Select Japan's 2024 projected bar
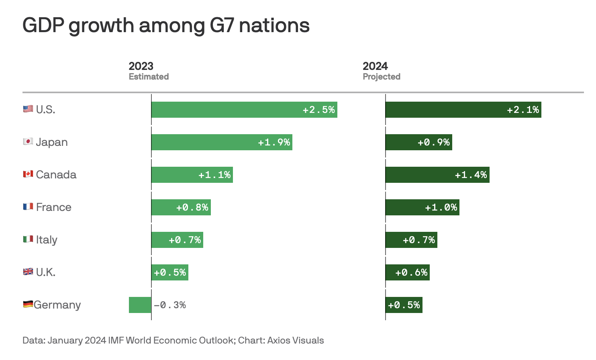pyautogui.click(x=418, y=142)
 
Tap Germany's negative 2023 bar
pyautogui.click(x=140, y=305)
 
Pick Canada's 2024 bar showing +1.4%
pyautogui.click(x=437, y=175)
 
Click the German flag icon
pyautogui.click(x=28, y=305)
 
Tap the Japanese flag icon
pyautogui.click(x=28, y=142)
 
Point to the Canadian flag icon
pyautogui.click(x=28, y=174)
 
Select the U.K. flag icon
pyautogui.click(x=28, y=272)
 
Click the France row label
pyautogui.click(x=53, y=207)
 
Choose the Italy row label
pyautogui.click(x=47, y=240)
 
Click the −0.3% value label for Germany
pyautogui.click(x=170, y=305)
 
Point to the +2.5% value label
pyautogui.click(x=319, y=110)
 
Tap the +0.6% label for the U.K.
pyautogui.click(x=412, y=273)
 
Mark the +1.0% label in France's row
pyautogui.click(x=441, y=208)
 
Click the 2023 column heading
pyautogui.click(x=141, y=66)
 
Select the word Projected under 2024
pyautogui.click(x=382, y=77)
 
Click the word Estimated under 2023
pyautogui.click(x=149, y=77)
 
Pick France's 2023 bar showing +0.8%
pyautogui.click(x=181, y=207)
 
